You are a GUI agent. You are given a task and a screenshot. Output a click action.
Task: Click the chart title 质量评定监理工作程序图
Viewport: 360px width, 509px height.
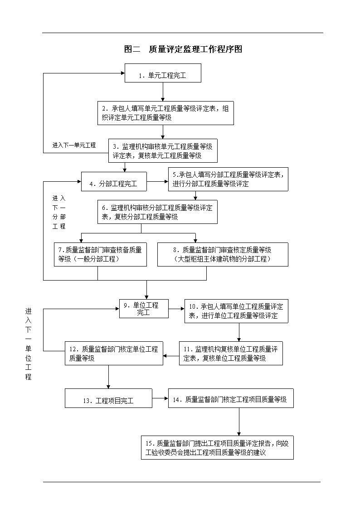click(x=183, y=49)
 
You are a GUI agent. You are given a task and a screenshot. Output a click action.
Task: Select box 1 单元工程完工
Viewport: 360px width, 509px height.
click(x=163, y=73)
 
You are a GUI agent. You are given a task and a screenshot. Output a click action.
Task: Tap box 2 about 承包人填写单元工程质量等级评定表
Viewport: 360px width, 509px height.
click(x=165, y=113)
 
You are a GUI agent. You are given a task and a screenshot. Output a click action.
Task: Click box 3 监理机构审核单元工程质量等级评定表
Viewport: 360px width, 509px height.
click(x=163, y=151)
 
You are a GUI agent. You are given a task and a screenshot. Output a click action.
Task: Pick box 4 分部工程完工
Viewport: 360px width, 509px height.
click(x=114, y=181)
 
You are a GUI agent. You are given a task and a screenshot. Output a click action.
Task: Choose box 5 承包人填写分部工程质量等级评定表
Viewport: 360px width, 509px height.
click(x=228, y=179)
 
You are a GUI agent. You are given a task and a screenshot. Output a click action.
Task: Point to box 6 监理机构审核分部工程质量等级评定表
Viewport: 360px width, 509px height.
click(x=157, y=212)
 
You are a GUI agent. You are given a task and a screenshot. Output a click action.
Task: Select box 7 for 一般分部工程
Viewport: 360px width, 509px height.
click(x=100, y=255)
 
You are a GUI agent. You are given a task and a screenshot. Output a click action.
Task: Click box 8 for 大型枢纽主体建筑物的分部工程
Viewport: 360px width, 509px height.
click(x=223, y=255)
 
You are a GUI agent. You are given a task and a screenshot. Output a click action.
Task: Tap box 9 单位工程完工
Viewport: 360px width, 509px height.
click(x=144, y=309)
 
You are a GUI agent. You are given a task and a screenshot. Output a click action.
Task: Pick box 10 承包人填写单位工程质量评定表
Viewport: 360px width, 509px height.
click(x=236, y=311)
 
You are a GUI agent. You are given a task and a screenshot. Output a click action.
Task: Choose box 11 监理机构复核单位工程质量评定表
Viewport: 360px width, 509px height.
click(x=231, y=353)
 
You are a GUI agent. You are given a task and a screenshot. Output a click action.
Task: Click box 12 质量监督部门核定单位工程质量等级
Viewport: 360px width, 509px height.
click(x=114, y=353)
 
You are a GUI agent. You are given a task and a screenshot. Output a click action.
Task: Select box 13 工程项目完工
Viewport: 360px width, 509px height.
click(x=108, y=398)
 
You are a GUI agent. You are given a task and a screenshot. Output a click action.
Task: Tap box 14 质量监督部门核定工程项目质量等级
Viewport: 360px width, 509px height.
click(x=231, y=398)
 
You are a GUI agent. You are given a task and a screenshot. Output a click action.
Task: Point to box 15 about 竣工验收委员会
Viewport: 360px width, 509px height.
click(x=218, y=448)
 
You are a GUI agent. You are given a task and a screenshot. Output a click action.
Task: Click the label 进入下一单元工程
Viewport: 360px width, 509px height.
click(x=74, y=145)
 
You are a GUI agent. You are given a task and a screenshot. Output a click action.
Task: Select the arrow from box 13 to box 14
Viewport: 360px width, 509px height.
click(x=160, y=398)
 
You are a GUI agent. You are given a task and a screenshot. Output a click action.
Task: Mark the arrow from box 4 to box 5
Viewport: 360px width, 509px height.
click(x=157, y=181)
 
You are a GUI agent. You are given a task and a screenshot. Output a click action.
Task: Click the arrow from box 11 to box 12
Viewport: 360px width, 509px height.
click(x=171, y=356)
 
